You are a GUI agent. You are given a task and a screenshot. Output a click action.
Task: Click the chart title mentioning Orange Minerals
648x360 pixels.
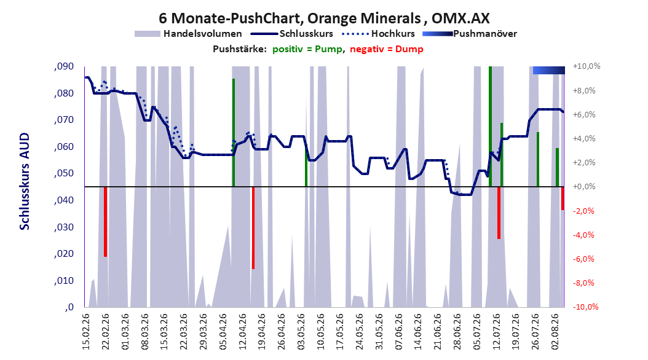324,18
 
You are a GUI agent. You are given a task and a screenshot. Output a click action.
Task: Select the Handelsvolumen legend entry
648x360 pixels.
189,34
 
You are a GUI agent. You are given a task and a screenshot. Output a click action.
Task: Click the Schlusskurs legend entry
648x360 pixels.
292,34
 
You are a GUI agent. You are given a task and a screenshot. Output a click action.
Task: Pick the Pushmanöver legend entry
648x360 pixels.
470,34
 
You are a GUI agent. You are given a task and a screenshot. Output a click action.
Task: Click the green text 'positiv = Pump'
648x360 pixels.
307,49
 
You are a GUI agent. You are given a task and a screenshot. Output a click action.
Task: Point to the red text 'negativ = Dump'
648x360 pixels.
387,49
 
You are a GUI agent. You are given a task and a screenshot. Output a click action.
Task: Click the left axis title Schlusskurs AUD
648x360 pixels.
25,181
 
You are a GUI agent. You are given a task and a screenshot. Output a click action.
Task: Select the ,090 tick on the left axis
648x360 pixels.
64,66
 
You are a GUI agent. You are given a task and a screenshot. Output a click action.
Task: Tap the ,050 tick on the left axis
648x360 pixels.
64,173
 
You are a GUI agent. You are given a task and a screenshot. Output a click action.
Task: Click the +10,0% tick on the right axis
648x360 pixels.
587,66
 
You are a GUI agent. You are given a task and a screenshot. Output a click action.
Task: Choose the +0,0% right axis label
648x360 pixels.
584,187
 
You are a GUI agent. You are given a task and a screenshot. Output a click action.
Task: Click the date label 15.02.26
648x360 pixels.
86,332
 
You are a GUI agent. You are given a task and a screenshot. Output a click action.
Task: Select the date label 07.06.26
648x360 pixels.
398,332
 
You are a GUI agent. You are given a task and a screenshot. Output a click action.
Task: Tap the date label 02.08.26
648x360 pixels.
555,332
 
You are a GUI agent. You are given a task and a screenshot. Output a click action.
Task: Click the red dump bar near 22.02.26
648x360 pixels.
105,222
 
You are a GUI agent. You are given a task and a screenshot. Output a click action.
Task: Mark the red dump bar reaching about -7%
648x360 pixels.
253,228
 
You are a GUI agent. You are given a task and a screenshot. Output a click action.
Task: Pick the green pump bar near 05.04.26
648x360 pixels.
234,133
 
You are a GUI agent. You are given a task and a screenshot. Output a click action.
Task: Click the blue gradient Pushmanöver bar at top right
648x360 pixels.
549,70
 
